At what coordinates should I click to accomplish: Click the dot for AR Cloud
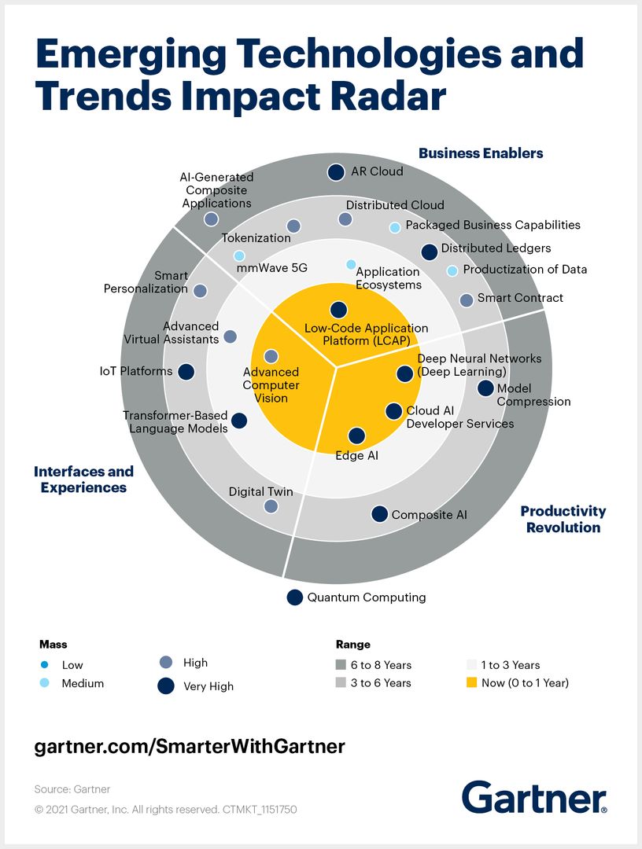point(336,172)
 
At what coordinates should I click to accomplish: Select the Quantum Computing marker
point(294,597)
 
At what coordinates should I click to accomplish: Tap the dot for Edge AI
point(356,436)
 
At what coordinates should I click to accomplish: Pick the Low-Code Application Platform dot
point(338,311)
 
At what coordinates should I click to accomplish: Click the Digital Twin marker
point(271,506)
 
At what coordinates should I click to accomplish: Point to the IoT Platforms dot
point(186,372)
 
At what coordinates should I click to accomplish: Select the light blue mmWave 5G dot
point(239,255)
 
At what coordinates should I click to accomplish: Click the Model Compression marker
point(485,388)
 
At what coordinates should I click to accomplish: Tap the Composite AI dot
point(379,514)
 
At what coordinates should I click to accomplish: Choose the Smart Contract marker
point(466,300)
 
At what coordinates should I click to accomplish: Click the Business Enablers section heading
point(481,153)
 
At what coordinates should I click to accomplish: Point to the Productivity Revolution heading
point(563,519)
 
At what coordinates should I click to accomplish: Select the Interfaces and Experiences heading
point(83,480)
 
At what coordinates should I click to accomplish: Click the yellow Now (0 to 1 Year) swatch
point(472,683)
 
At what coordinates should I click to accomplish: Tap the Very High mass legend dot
point(166,685)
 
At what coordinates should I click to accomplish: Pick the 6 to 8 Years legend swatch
point(341,665)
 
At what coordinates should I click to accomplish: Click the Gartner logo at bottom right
point(534,797)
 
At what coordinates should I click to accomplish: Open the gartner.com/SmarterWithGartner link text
point(190,746)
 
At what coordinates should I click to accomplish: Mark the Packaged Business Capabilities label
point(493,225)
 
